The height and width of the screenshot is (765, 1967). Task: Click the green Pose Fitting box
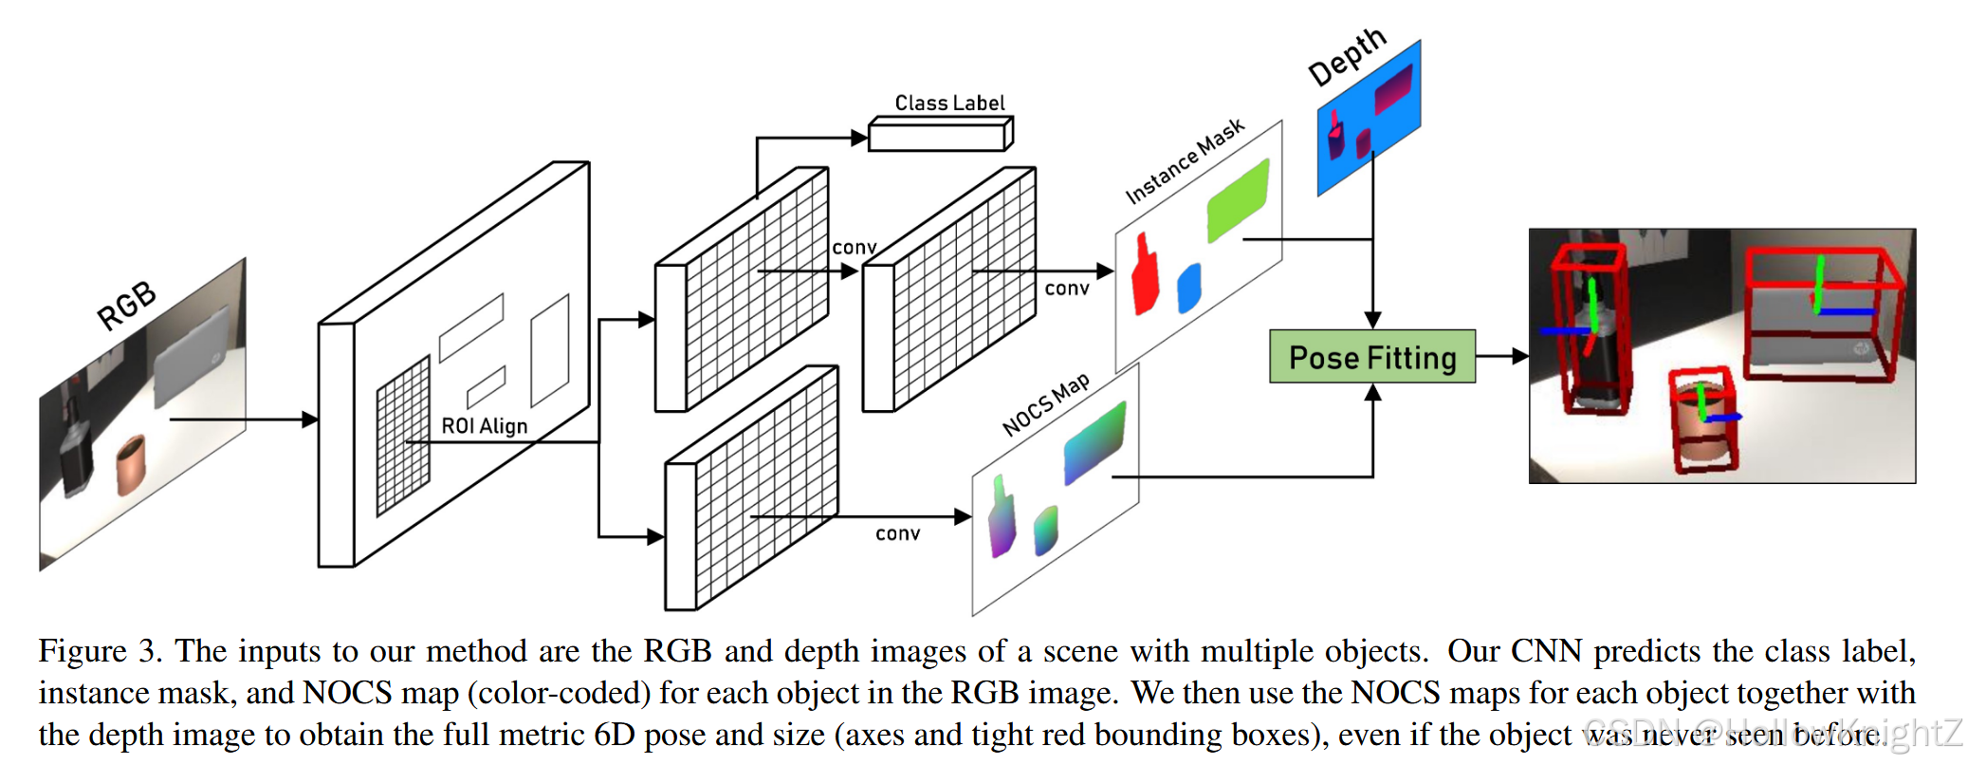tap(1371, 357)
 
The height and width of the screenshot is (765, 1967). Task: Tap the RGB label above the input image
tap(127, 306)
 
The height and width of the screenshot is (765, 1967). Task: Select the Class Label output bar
tap(939, 136)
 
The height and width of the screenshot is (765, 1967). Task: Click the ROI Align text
tap(484, 426)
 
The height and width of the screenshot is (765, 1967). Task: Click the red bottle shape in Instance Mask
tap(1146, 276)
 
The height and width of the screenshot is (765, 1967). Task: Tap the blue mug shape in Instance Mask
tap(1188, 288)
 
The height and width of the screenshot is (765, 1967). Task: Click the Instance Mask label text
tap(1184, 161)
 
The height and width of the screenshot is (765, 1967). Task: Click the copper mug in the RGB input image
tap(131, 465)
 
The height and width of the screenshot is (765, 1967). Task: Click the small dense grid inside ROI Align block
tap(403, 437)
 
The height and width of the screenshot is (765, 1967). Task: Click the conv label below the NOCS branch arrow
tap(897, 534)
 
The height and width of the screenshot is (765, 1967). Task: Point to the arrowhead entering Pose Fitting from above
tap(1372, 320)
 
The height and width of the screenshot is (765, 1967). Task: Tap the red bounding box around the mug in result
tap(1704, 420)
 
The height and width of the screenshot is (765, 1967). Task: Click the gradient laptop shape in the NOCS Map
tap(1094, 441)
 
